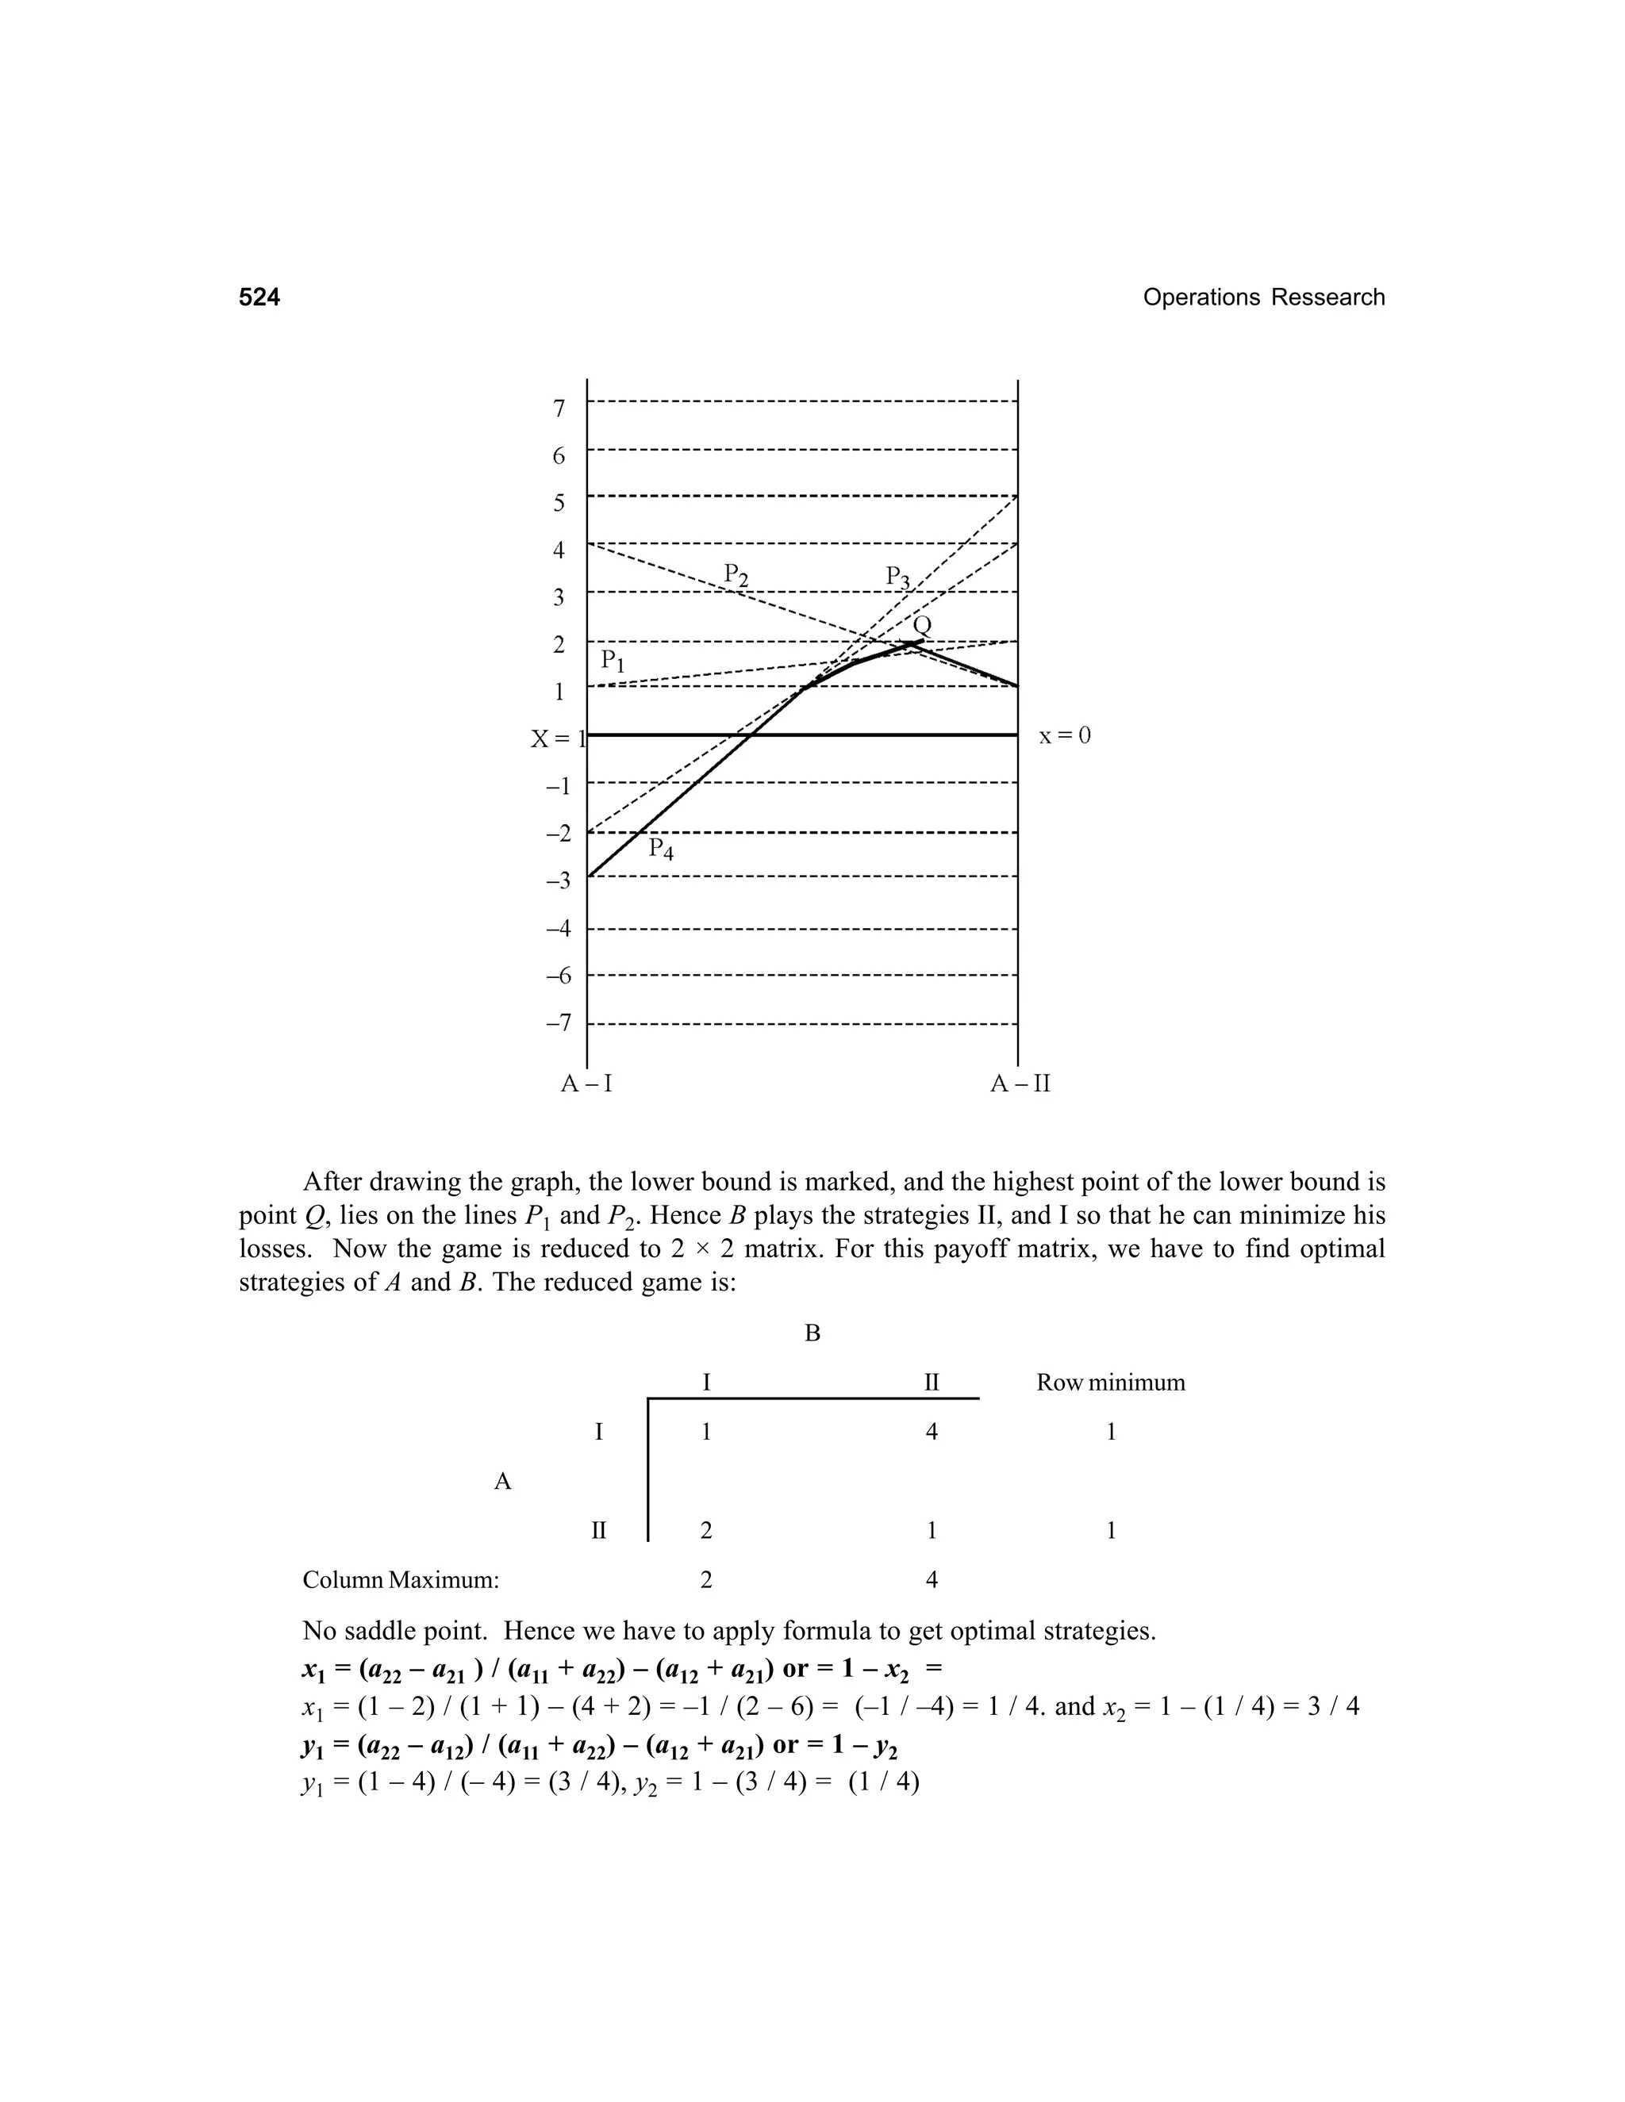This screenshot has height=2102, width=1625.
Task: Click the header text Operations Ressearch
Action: coord(1263,297)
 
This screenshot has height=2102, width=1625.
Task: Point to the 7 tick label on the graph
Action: coord(559,408)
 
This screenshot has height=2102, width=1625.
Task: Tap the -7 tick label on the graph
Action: coord(557,1022)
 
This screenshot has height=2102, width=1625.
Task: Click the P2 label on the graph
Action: coord(736,576)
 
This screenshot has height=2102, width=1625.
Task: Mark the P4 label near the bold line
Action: coord(660,848)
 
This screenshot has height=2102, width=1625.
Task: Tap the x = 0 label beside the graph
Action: coord(1065,736)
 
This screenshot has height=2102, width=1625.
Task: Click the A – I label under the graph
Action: coord(586,1084)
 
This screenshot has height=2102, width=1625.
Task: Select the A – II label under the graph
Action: coord(1020,1084)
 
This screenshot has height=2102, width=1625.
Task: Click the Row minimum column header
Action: coord(1110,1383)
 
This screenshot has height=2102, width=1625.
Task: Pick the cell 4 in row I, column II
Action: coord(931,1432)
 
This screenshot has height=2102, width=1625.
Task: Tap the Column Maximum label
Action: coord(401,1579)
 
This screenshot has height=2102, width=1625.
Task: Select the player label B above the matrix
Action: coord(812,1333)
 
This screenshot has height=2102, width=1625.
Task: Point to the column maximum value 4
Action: coord(931,1579)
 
